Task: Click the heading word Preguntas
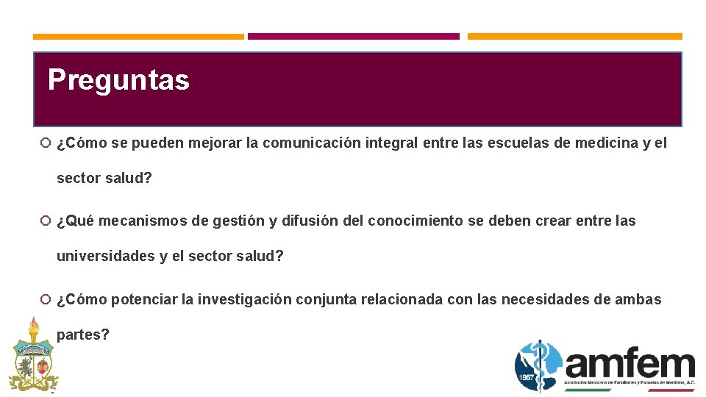click(118, 80)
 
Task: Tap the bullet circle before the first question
click(46, 143)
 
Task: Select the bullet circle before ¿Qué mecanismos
click(46, 221)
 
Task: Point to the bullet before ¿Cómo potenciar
click(46, 299)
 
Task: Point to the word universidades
click(105, 257)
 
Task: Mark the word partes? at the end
click(83, 335)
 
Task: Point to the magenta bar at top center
click(353, 36)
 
